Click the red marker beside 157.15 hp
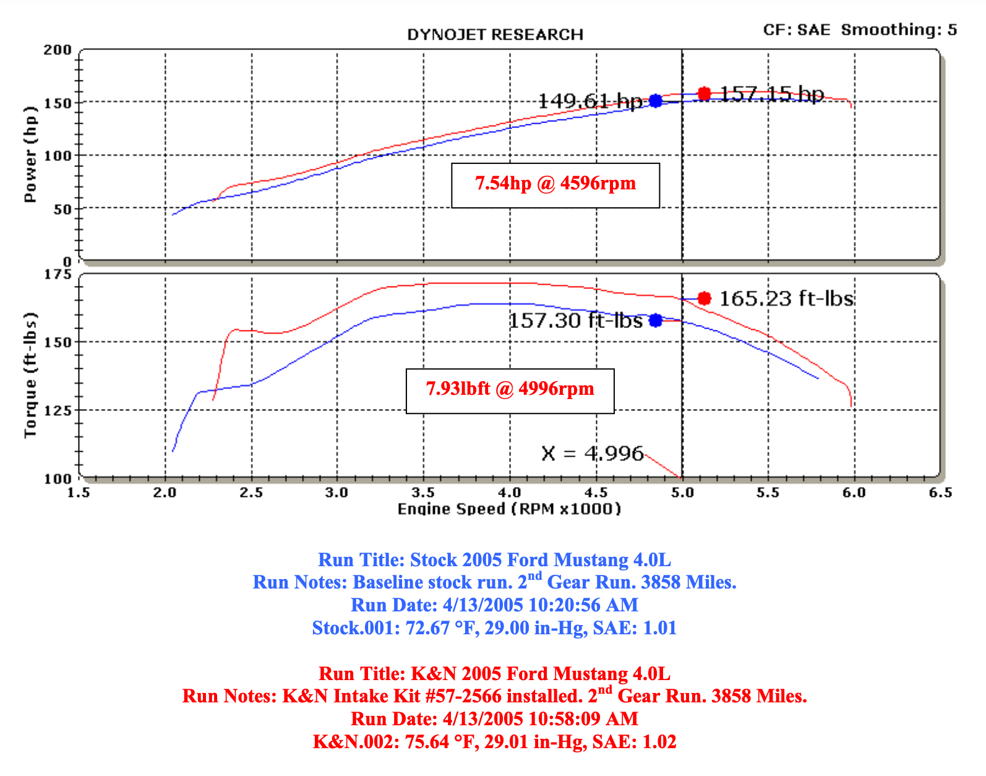point(704,94)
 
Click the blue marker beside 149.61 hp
point(656,101)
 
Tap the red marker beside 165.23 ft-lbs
point(704,299)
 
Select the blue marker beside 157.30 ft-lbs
point(656,321)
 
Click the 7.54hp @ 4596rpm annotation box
point(555,185)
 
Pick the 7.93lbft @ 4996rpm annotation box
point(510,390)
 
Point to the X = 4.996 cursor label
point(592,454)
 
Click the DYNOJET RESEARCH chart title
point(495,35)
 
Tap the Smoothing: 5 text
point(899,30)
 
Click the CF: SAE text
point(796,30)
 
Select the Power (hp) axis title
point(30,154)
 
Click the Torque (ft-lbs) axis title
point(30,375)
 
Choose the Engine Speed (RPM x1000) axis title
point(509,509)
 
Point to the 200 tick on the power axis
point(58,50)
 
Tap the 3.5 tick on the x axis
point(423,493)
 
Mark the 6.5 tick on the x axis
point(940,493)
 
